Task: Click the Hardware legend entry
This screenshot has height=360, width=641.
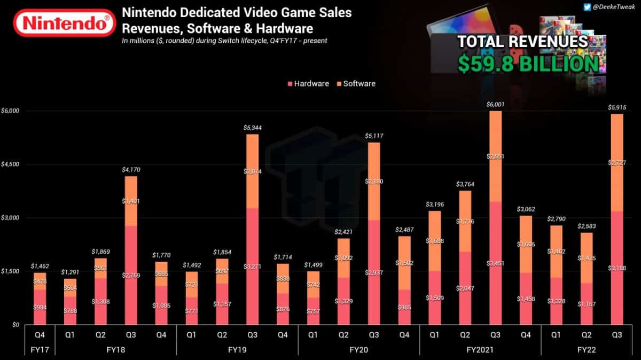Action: coord(308,83)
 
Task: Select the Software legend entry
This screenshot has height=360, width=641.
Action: coord(356,83)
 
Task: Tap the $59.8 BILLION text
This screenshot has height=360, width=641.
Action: coord(528,63)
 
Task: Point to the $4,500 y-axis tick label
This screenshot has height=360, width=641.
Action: coord(10,165)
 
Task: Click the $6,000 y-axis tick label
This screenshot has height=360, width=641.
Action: coord(10,111)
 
